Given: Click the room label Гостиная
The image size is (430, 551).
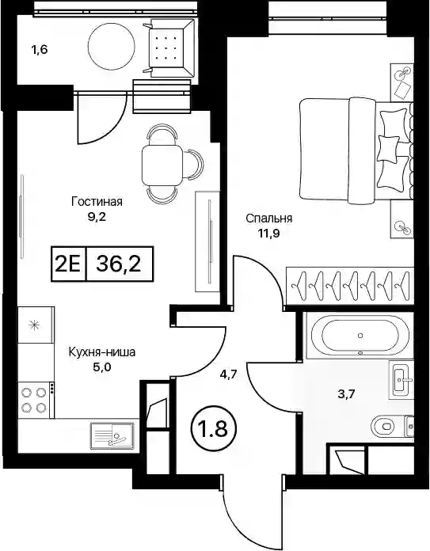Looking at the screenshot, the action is [x=97, y=202].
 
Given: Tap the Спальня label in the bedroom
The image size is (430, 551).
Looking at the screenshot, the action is [x=269, y=218].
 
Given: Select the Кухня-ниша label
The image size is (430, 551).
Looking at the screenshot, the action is [x=101, y=351].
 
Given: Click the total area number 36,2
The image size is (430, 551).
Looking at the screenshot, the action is [x=119, y=264].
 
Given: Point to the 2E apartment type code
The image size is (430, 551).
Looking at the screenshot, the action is [x=68, y=264].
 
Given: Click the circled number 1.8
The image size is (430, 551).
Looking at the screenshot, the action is [x=214, y=429].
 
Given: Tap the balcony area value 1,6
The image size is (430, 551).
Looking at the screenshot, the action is [x=39, y=50].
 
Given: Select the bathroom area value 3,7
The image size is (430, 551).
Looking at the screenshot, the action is [x=346, y=394].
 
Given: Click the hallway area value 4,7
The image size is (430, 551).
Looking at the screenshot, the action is [x=229, y=374].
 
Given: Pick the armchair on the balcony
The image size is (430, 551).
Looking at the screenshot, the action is [x=169, y=48].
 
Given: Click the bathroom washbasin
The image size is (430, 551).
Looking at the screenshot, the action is [x=401, y=379].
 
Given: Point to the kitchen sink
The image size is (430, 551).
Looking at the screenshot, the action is [x=112, y=435].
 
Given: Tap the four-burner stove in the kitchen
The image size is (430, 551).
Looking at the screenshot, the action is [x=35, y=400].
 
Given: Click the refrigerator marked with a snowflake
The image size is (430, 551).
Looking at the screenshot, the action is [x=35, y=325].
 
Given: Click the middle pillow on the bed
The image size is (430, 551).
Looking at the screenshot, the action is [x=388, y=146].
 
